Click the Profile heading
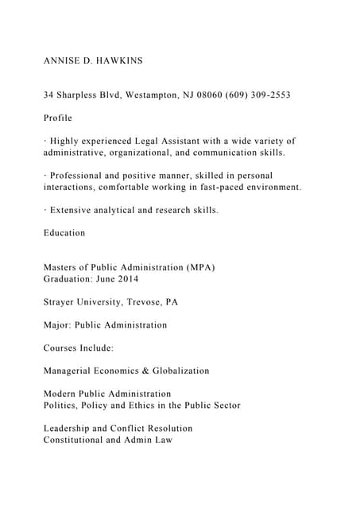tap(58, 118)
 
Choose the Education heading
tap(64, 233)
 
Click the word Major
tap(59, 324)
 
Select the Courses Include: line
tap(79, 348)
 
